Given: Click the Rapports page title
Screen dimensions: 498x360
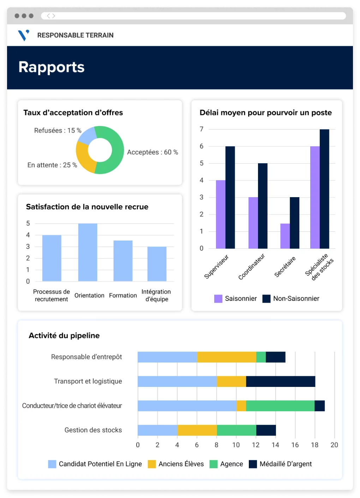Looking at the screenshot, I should click(52, 67).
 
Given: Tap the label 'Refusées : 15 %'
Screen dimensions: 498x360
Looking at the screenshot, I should click(58, 130).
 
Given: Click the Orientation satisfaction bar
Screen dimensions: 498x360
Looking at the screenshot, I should click(88, 252).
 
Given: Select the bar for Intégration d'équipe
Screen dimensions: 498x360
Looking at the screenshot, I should click(157, 264).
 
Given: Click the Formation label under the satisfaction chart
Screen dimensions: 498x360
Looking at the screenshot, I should click(123, 296).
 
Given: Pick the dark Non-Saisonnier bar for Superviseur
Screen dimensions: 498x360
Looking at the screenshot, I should click(230, 198).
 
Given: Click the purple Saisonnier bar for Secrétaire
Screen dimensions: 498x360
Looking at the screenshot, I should click(285, 236).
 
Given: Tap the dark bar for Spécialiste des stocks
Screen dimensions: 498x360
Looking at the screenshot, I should click(324, 189).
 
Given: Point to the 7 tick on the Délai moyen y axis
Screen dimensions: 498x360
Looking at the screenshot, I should click(202, 129).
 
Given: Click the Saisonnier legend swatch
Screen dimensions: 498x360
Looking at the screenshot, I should click(218, 299).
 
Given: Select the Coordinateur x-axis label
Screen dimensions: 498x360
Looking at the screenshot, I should click(251, 267).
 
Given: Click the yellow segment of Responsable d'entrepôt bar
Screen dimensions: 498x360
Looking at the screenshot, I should click(227, 357).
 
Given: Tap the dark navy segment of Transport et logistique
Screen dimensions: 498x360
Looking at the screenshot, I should click(281, 381).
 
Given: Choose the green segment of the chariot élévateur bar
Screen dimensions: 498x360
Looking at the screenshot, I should click(280, 406).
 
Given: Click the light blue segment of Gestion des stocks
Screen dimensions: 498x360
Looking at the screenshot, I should click(157, 430).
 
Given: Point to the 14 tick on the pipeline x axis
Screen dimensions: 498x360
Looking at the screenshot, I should click(275, 445).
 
